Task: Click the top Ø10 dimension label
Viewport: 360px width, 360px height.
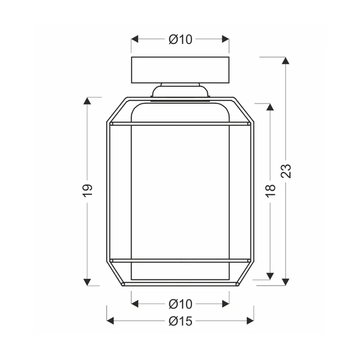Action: point(180,39)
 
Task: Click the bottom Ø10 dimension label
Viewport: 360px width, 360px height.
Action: point(180,304)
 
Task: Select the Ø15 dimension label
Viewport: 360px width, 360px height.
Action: point(180,321)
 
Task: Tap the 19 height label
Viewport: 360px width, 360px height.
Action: point(87,190)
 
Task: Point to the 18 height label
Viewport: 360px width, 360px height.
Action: point(270,191)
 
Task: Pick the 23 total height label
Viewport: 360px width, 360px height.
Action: point(286,171)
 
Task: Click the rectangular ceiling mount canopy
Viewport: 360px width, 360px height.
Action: point(180,70)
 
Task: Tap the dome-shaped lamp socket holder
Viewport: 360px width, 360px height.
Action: point(180,91)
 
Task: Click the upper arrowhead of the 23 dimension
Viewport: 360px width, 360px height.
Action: point(286,61)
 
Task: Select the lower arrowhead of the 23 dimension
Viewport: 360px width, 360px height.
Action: point(286,282)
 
